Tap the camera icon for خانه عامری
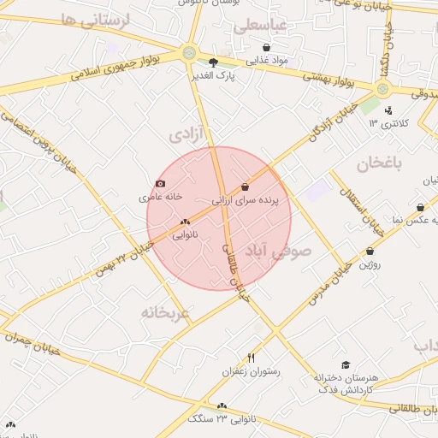coord(161,183)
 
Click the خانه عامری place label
coord(162,197)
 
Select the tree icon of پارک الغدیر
coord(213,62)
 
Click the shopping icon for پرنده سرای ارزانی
coord(246,186)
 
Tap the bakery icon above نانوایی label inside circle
coord(185,222)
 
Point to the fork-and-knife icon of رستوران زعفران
coord(251,358)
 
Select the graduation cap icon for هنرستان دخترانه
coord(345,364)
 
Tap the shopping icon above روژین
coord(370,252)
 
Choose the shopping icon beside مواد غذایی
coord(267,48)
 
